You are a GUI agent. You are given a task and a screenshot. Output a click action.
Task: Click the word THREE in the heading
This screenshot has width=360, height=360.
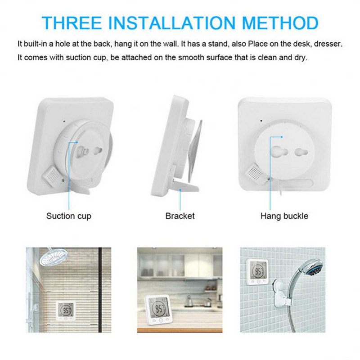click(72, 23)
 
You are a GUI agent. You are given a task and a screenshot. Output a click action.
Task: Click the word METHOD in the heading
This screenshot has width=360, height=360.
click(280, 23)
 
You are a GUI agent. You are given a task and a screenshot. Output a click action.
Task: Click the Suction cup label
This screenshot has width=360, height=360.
click(69, 216)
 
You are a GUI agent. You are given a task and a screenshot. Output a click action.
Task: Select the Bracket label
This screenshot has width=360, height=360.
click(180, 216)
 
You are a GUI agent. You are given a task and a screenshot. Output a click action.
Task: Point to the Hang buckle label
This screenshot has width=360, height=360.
click(284, 216)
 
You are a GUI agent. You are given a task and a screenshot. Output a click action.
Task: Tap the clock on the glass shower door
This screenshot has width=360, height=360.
click(66, 311)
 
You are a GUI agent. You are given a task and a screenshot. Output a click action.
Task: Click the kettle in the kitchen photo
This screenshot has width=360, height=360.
click(189, 301)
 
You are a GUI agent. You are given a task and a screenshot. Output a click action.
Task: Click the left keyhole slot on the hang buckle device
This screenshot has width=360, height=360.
click(279, 152)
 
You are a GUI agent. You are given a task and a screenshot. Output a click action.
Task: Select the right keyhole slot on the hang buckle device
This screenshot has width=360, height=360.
click(301, 152)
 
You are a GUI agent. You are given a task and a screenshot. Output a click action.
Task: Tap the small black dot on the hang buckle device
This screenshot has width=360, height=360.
click(261, 121)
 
